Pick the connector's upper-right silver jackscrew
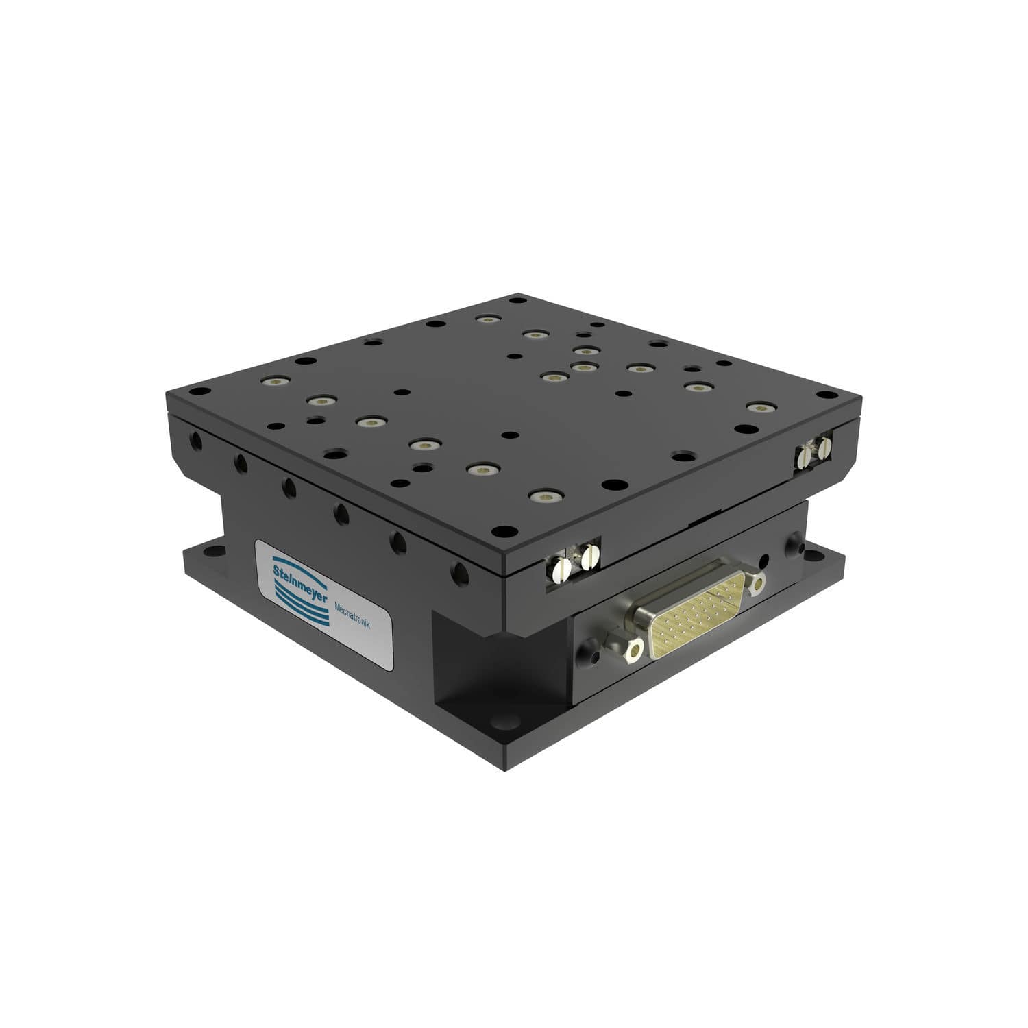(x=755, y=582)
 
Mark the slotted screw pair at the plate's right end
(x=815, y=452)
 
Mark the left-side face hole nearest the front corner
(x=456, y=570)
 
